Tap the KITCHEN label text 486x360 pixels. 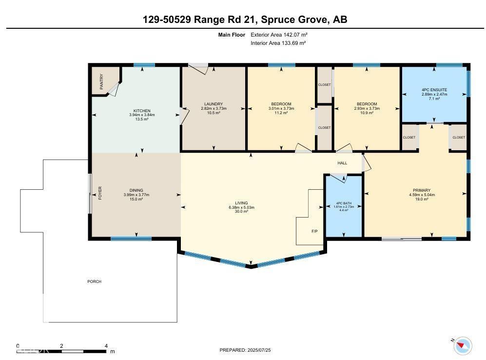coord(142,111)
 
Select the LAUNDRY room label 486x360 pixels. coord(214,104)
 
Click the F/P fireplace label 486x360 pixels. coord(314,231)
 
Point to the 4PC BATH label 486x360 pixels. coord(344,203)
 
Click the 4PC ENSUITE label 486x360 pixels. coord(434,90)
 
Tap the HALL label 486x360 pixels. coord(342,163)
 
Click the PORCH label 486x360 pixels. coord(94,281)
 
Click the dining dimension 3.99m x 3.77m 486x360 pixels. coord(136,195)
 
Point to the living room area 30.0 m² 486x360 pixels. coord(241,211)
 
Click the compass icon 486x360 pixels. coord(463,345)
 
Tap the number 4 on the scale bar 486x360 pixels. coord(106,346)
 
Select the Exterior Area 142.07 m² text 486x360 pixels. coord(279,35)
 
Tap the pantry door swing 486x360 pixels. coord(114,89)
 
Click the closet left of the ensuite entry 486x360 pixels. coord(409,138)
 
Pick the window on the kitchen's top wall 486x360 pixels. coord(144,65)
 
